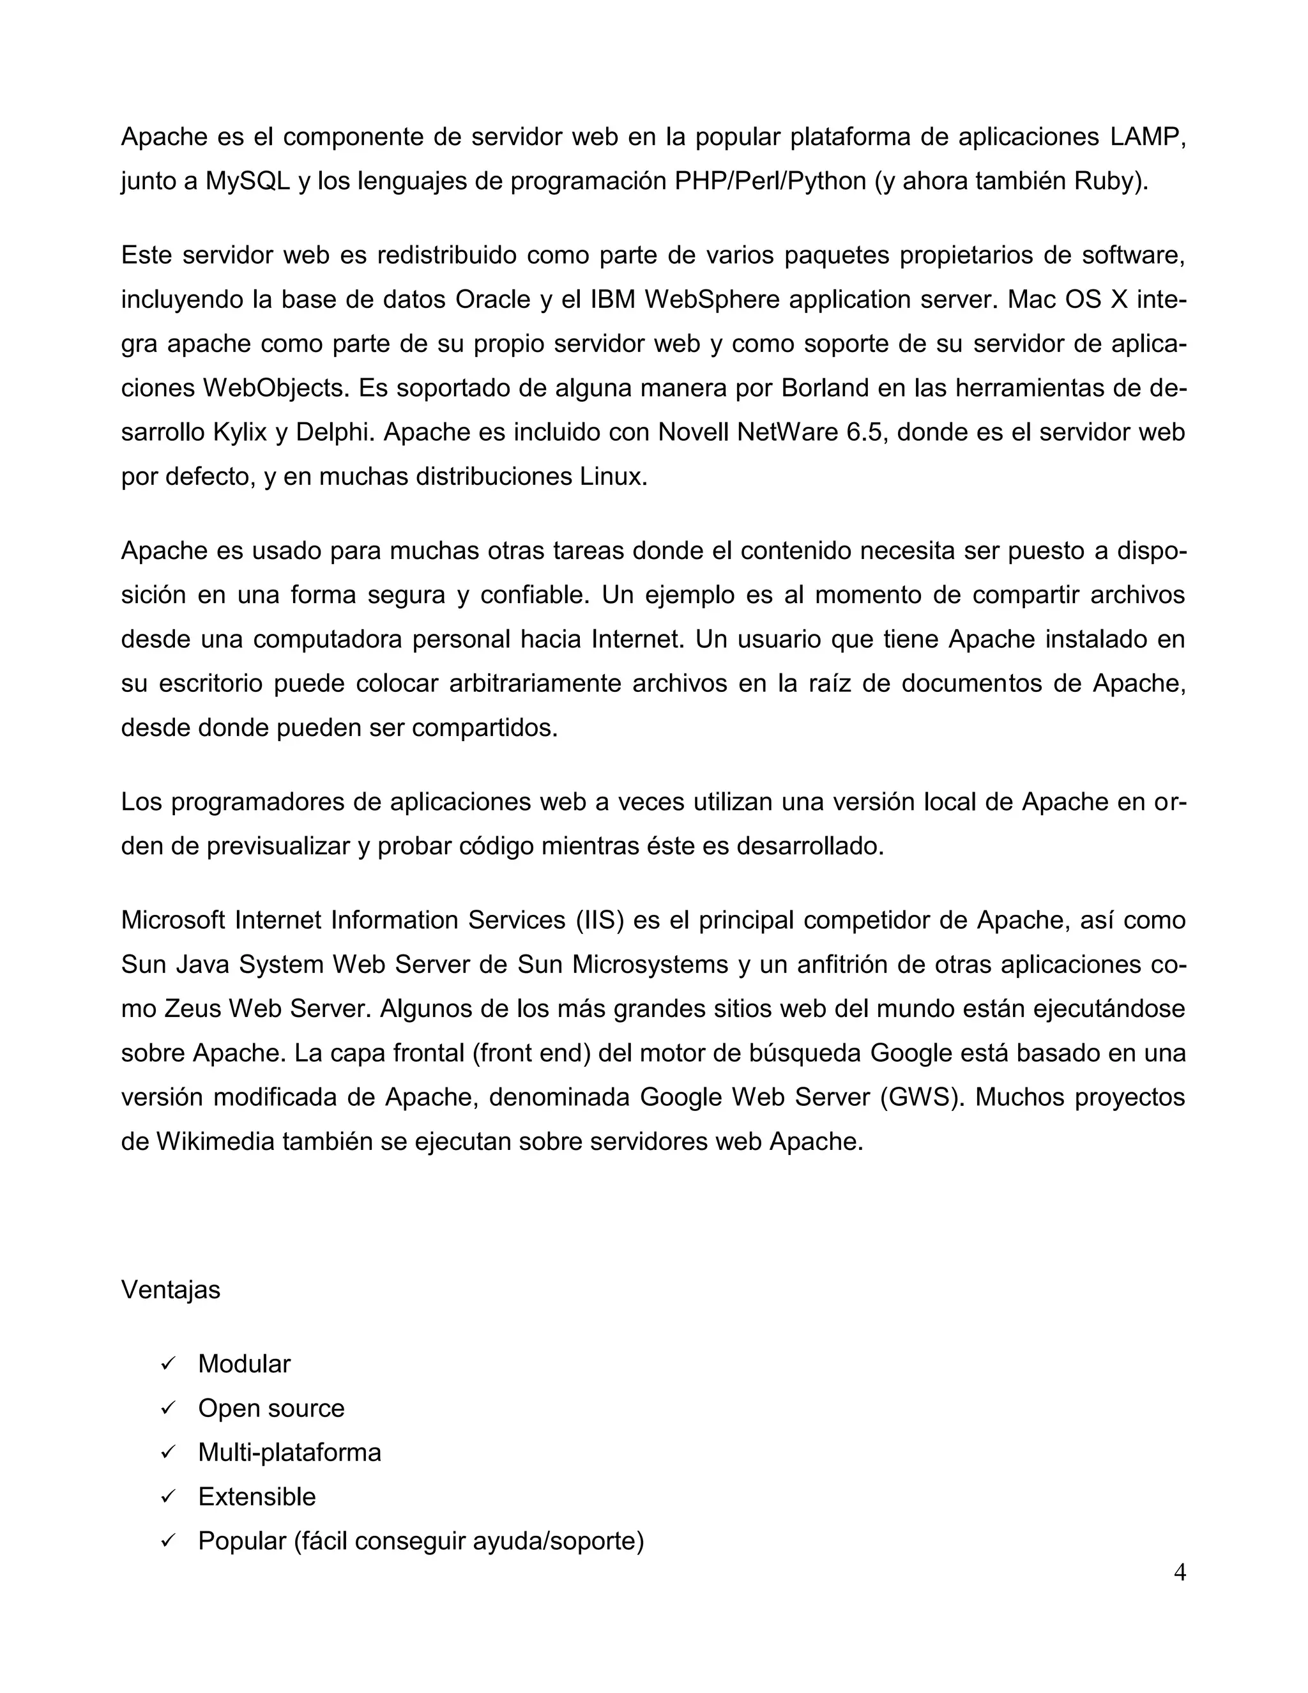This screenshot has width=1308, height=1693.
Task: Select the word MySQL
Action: [x=247, y=181]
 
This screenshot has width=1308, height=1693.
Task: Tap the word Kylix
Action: [x=240, y=433]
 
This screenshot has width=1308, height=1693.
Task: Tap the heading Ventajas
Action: [x=171, y=1290]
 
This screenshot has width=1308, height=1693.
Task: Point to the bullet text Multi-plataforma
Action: [x=289, y=1453]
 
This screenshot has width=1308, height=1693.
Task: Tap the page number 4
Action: [x=1180, y=1573]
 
